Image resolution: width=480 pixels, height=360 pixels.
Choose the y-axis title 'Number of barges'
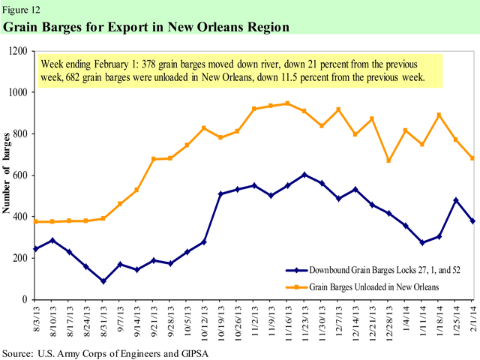click(10, 175)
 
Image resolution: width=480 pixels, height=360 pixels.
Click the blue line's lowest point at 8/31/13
click(103, 281)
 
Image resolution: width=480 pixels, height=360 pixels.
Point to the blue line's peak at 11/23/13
click(304, 175)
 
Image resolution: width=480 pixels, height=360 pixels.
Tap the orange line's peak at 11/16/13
click(287, 103)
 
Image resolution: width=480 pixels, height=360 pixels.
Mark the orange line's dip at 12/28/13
click(388, 160)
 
